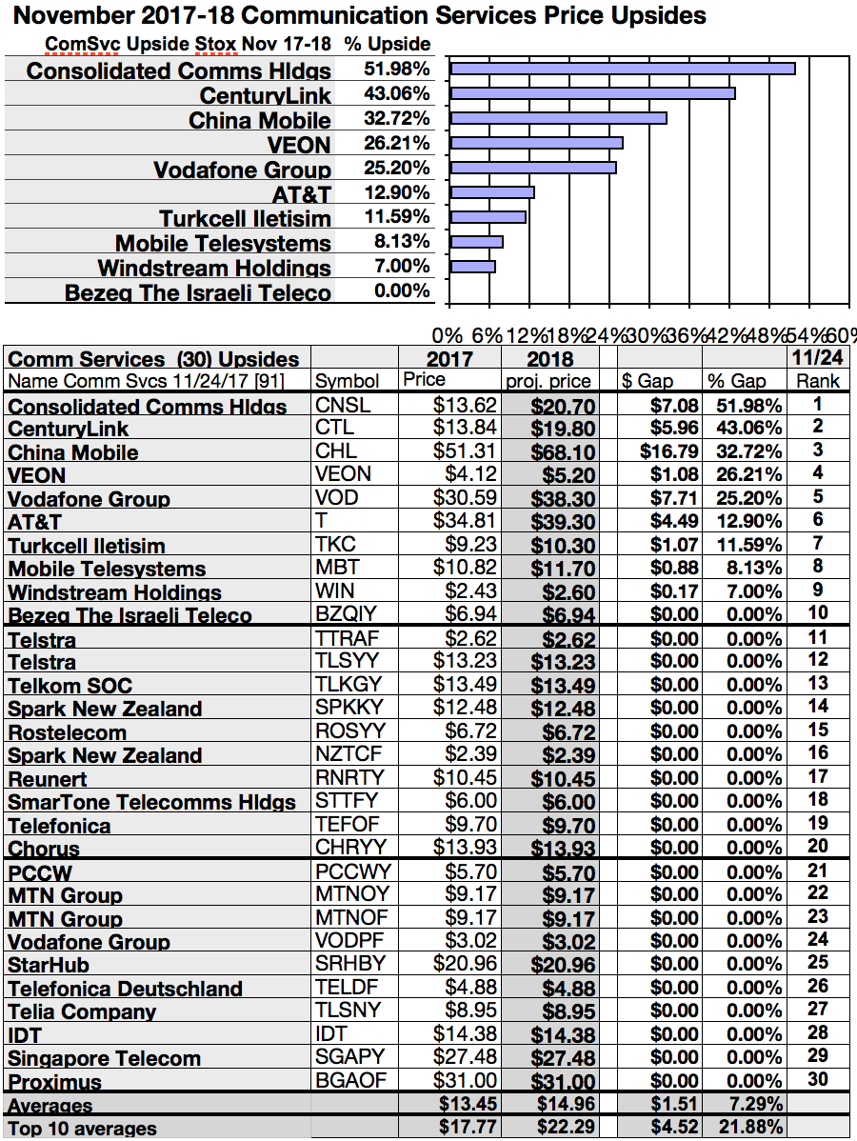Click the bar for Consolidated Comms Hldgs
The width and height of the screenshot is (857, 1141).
623,69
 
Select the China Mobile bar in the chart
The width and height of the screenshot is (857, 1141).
558,118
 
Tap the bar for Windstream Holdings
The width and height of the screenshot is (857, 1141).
472,267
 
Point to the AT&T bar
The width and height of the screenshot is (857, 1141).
492,192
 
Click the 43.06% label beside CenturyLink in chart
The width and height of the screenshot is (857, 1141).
396,94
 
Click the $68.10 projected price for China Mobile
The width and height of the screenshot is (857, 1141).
562,452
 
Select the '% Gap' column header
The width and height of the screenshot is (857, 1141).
734,381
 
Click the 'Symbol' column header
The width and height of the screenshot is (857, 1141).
347,381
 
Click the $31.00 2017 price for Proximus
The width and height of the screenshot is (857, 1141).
466,1081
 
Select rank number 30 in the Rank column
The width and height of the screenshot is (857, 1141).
818,1079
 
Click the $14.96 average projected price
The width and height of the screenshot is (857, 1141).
562,1105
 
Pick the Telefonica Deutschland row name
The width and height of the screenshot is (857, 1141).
125,989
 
